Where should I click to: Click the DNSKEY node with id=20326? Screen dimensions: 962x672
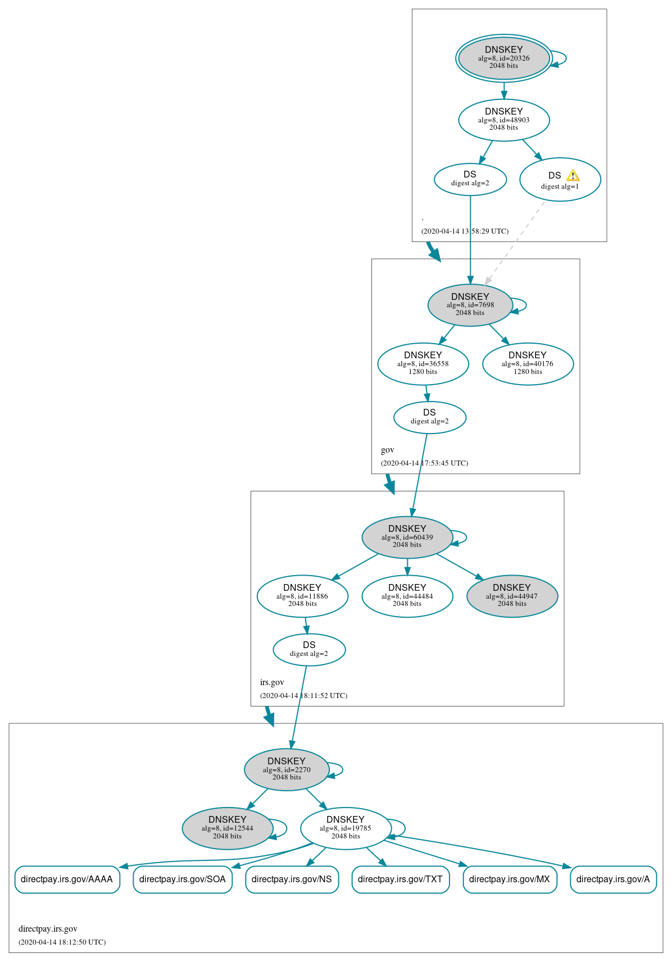[503, 58]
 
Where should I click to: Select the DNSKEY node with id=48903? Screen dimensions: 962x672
[503, 120]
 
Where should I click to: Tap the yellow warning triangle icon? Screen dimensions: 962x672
[573, 175]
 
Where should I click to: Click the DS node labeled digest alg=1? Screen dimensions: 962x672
[560, 180]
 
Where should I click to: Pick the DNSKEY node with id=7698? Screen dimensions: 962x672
[470, 305]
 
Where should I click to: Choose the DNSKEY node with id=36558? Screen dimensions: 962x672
[423, 364]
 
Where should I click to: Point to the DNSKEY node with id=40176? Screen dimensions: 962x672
[528, 364]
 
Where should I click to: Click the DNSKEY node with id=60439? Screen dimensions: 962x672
[407, 537]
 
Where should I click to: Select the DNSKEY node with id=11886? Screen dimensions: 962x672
[302, 596]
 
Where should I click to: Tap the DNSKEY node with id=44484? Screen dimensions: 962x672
[407, 596]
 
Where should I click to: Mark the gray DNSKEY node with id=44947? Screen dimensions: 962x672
[512, 596]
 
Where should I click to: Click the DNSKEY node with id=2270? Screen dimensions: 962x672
[287, 769]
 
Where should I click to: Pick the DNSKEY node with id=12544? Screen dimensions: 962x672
[227, 828]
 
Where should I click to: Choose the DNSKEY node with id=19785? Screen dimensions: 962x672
[346, 828]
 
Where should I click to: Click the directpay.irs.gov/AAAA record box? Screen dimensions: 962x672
[67, 879]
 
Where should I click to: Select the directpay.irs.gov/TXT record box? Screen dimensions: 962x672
[400, 879]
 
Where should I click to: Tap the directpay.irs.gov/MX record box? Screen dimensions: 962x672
[510, 879]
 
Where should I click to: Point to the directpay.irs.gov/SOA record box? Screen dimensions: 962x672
[182, 879]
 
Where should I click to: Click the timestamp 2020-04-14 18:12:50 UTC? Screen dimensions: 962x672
[62, 942]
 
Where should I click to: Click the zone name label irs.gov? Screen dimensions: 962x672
[272, 682]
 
